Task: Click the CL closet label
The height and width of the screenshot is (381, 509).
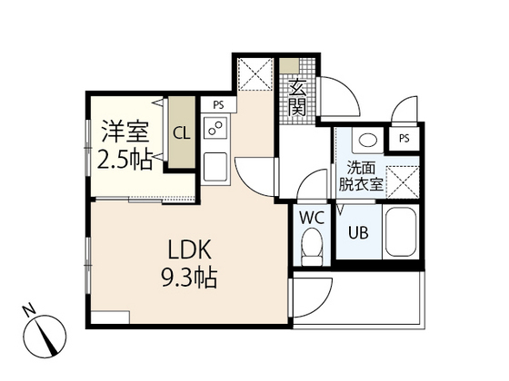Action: pos(181,133)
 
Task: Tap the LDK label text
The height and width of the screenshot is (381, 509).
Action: pos(190,249)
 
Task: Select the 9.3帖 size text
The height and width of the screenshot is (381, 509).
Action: pos(190,278)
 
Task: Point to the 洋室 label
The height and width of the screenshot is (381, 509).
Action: pos(125,132)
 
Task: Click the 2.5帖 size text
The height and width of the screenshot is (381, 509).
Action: pos(125,159)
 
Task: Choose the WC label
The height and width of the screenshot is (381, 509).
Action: pos(312,218)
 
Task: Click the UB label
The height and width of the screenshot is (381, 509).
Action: pos(358,232)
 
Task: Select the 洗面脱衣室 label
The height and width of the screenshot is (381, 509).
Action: pos(361,176)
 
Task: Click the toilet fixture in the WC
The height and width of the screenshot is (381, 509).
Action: pos(312,247)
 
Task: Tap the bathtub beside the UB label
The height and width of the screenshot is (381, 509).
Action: pos(401,231)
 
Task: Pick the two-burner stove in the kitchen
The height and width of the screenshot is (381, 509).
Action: pos(215,127)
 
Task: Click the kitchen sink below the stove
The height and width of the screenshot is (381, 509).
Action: pos(215,167)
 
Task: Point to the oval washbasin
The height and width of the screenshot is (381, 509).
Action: pos(368,141)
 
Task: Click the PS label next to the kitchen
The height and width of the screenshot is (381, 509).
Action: pos(218,104)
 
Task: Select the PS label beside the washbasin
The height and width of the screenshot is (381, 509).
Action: pos(404,139)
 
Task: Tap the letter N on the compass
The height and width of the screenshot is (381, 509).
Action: pos(29,310)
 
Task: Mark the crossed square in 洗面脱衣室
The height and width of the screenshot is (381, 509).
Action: pos(403,181)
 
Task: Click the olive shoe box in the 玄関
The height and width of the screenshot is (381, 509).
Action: pos(290,66)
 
